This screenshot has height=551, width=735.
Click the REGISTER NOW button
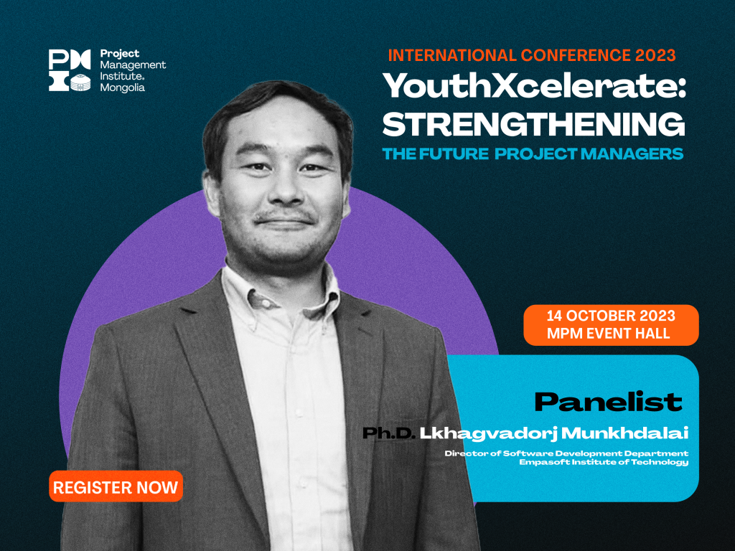pos(116,486)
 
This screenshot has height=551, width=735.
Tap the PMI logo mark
pos(70,70)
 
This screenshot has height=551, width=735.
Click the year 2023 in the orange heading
pos(655,55)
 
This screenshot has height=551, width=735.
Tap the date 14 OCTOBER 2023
pos(611,316)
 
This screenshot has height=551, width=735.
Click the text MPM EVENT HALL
pos(609,334)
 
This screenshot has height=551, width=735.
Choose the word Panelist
pos(609,402)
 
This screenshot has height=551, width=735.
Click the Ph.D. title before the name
pos(389,433)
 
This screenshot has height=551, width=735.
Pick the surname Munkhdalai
pos(625,433)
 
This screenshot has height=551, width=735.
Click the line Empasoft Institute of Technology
pos(604,462)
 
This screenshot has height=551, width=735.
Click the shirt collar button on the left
pos(265,303)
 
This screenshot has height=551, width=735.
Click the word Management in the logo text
pos(133,65)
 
